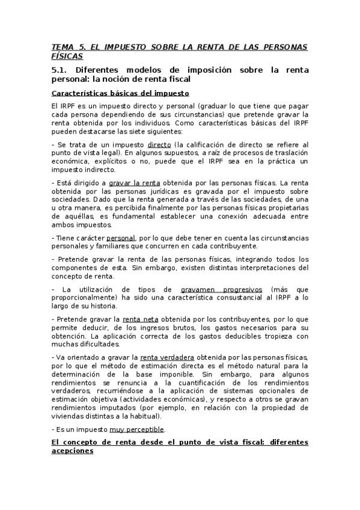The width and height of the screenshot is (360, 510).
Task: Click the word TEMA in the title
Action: [61, 46]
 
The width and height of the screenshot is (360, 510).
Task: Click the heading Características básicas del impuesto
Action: [120, 93]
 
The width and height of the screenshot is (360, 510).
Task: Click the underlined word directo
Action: [159, 145]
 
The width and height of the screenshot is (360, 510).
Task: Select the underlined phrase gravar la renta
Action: [134, 182]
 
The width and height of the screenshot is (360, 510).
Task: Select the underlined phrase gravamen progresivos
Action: [218, 288]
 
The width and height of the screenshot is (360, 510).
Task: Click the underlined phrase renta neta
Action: [139, 318]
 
